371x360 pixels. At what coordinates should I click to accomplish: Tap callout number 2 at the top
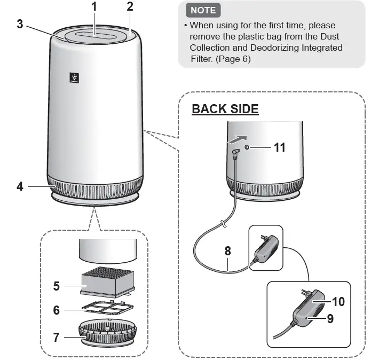click(130, 7)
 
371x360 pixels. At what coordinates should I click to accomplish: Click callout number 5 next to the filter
click(56, 286)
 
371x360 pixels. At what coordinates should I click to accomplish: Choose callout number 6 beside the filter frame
click(56, 310)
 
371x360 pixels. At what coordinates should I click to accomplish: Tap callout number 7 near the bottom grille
click(56, 337)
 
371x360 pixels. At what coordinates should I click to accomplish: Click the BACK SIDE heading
click(225, 109)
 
